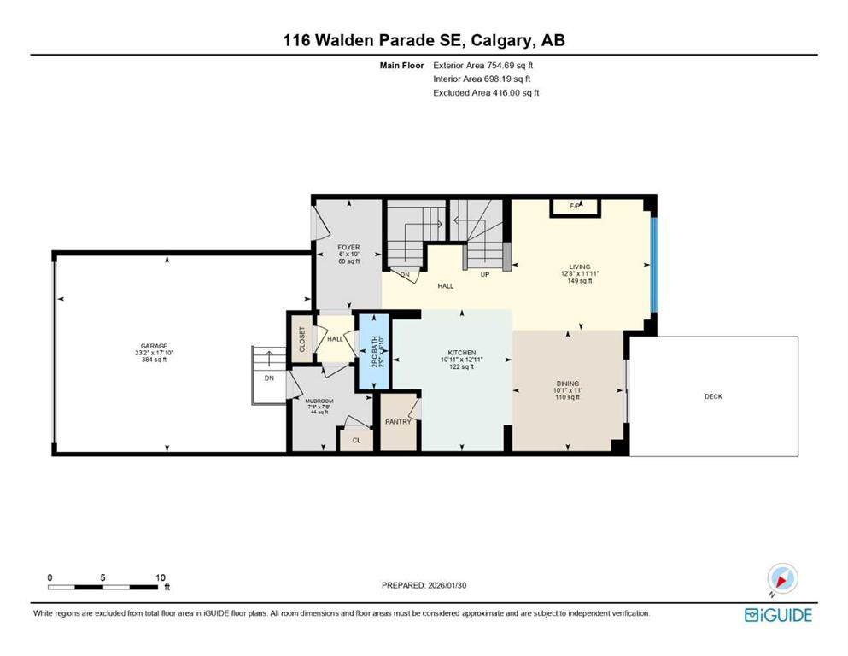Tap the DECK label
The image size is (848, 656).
713,396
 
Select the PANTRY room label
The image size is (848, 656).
398,421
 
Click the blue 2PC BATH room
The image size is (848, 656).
372,352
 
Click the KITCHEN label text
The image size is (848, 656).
461,353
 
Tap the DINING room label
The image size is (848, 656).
567,384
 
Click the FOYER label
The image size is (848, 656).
348,248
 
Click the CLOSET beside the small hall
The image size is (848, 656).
301,339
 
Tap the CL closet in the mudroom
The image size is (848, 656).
355,441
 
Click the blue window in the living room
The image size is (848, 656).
653,266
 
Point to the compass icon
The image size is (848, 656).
781,579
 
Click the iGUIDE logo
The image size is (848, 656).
778,615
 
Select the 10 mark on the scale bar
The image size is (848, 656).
161,577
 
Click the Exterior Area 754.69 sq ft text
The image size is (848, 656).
487,65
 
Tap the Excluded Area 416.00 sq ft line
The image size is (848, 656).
487,92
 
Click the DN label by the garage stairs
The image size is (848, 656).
269,377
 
